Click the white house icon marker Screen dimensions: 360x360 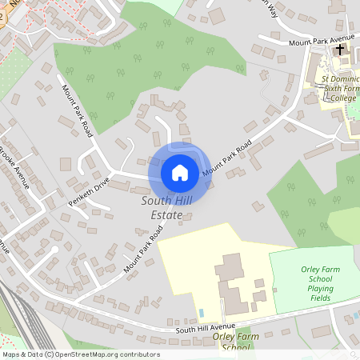[x=179, y=172]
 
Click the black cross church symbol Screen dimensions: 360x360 [x=340, y=50]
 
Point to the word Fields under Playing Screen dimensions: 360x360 [x=320, y=298]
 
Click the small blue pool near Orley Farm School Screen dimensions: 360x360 [x=201, y=312]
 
